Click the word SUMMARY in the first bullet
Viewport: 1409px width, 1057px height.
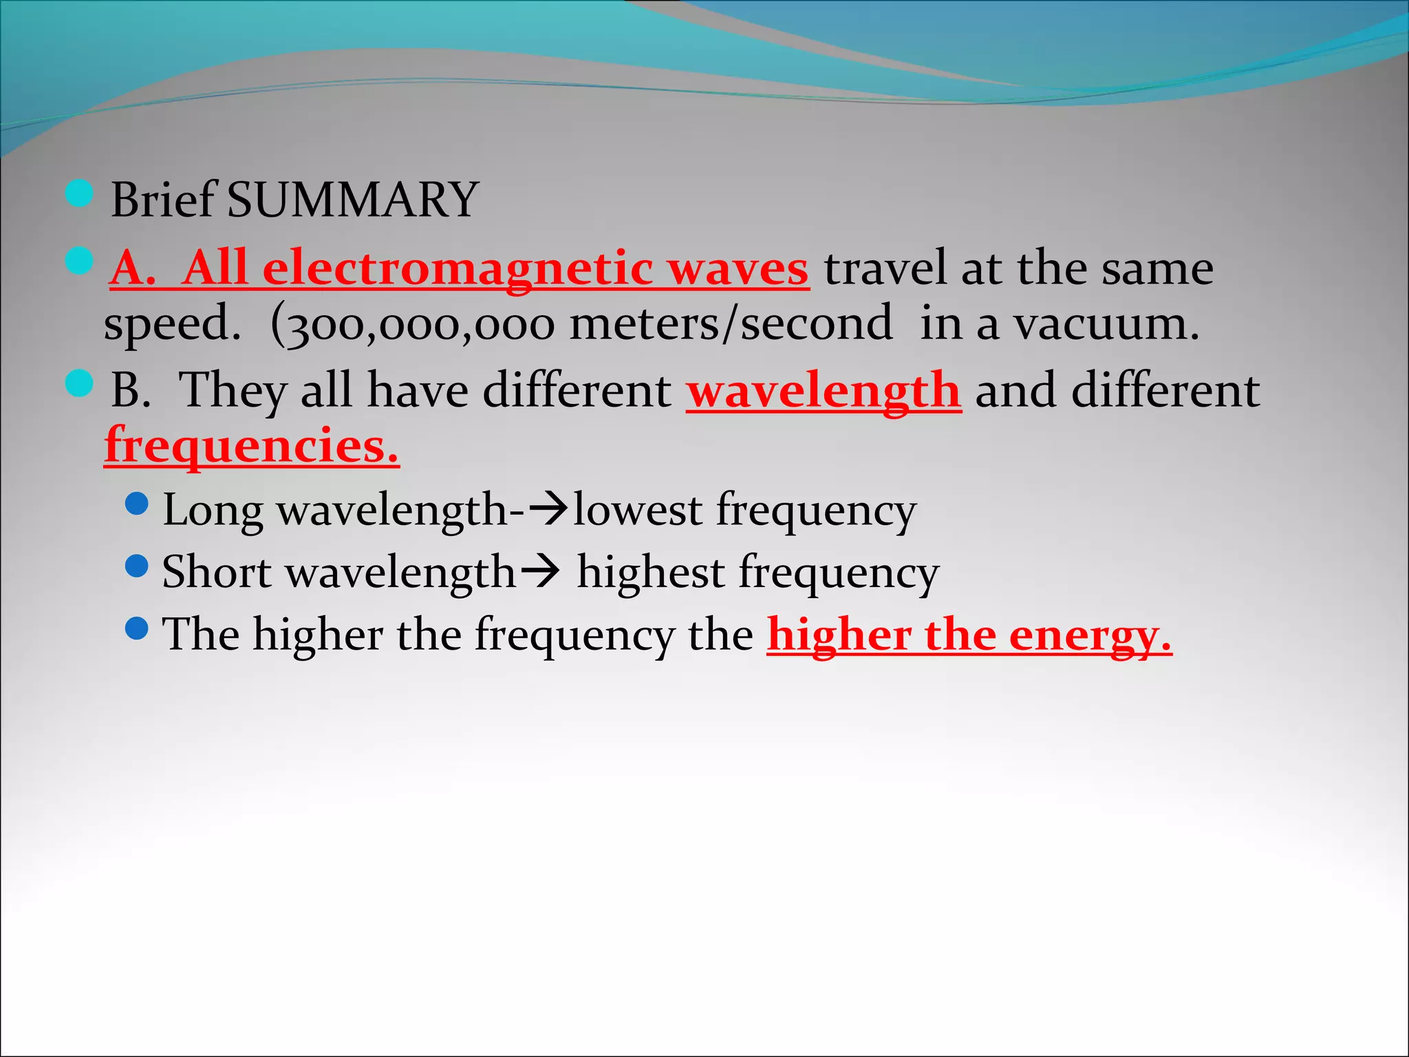[x=352, y=200]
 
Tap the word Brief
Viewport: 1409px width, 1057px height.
[x=164, y=200]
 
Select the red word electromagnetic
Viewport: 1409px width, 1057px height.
[x=458, y=269]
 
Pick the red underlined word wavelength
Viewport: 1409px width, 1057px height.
[x=823, y=391]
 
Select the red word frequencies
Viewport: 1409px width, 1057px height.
[x=251, y=446]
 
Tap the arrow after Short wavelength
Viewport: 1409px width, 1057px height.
[x=540, y=572]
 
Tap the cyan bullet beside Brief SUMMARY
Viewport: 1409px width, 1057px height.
[x=79, y=193]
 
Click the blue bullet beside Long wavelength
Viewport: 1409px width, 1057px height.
[x=138, y=504]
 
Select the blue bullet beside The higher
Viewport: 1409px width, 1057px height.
[x=138, y=628]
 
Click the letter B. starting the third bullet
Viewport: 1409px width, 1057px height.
[x=131, y=391]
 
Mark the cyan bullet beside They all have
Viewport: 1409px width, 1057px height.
[x=79, y=383]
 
